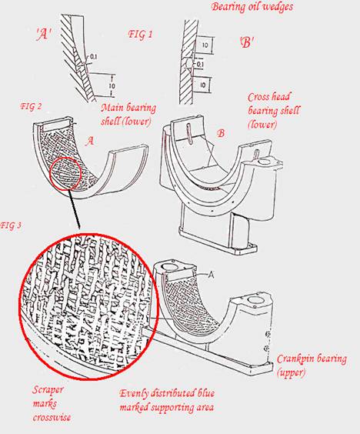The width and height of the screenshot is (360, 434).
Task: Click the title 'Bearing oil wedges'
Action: click(x=252, y=7)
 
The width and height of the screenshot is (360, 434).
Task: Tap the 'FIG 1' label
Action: click(x=140, y=34)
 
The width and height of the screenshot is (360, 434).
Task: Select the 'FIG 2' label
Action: click(x=31, y=106)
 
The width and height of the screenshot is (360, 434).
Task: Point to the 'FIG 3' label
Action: click(x=11, y=225)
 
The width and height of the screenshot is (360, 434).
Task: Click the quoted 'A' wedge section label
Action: click(x=43, y=35)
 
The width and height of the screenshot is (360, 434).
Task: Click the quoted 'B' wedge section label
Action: click(x=247, y=43)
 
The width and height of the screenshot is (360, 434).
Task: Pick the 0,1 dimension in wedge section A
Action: click(x=94, y=57)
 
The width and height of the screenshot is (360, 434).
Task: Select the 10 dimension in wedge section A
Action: click(x=112, y=86)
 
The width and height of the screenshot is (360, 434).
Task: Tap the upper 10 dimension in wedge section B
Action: click(x=205, y=45)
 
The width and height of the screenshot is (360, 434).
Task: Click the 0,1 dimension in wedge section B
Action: click(x=200, y=64)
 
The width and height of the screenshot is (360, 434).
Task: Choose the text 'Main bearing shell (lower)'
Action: click(x=128, y=115)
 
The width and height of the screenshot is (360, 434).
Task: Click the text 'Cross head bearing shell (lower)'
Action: click(x=273, y=110)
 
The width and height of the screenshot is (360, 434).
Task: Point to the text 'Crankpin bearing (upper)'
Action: click(x=312, y=366)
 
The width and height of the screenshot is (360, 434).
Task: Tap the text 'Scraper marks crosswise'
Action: click(x=52, y=403)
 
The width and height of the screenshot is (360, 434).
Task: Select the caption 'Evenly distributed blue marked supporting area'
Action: click(x=167, y=400)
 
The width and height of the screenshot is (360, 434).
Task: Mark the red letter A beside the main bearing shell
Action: click(x=89, y=142)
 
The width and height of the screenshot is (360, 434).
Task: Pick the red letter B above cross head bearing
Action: click(x=221, y=134)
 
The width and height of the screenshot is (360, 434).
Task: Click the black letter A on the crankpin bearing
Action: click(x=211, y=275)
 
